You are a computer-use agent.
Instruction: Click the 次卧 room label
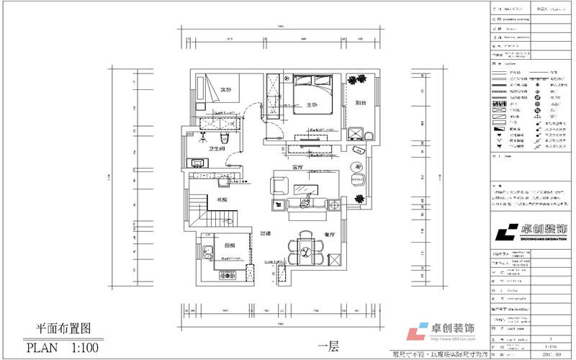225,90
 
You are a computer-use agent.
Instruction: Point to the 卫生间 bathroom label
217,149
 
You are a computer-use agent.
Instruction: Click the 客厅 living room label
298,167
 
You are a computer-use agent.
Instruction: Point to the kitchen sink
207,253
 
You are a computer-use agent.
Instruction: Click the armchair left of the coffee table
279,185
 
